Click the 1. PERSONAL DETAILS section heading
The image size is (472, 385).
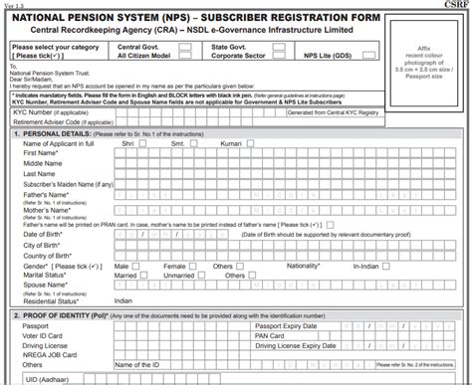[x=59, y=131]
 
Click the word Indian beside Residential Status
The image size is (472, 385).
[x=123, y=299]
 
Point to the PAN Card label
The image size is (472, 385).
[x=272, y=335]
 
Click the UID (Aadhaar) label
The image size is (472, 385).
[x=45, y=378]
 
